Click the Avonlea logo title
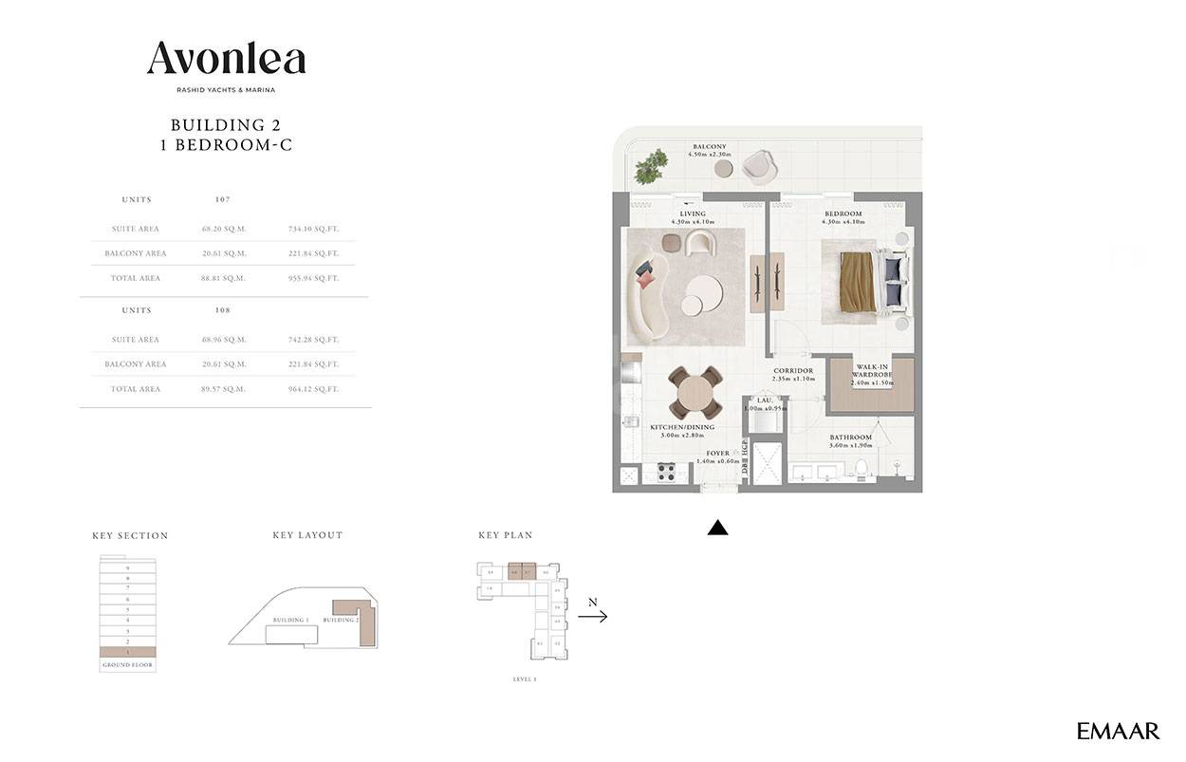[226, 59]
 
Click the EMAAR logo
[1118, 731]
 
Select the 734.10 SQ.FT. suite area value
[313, 229]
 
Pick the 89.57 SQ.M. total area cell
[224, 389]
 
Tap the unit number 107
[224, 200]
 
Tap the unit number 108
[224, 310]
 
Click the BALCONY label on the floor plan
[709, 147]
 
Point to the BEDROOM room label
[842, 214]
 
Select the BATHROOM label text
[850, 437]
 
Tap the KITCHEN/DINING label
[676, 428]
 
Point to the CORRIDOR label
[793, 371]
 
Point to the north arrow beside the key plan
[592, 616]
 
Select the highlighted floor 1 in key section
[127, 652]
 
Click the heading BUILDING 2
[225, 124]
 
